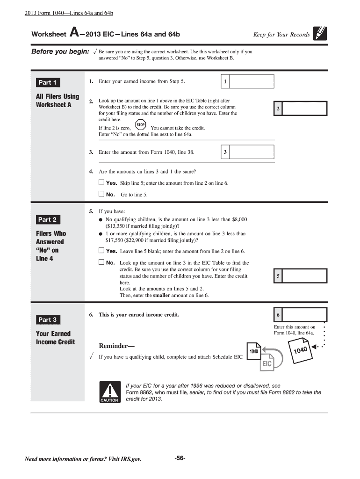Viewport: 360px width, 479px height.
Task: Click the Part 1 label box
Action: click(x=47, y=83)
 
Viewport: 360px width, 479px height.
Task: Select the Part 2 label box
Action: click(x=47, y=219)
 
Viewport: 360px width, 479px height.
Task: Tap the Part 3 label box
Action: click(x=47, y=320)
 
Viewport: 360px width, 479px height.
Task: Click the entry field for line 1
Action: click(x=253, y=82)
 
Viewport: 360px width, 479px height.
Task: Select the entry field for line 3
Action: click(x=253, y=152)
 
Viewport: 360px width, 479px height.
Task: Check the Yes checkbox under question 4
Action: click(x=101, y=182)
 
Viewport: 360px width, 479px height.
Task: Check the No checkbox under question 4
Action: click(x=101, y=194)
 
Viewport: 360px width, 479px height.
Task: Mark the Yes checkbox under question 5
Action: click(x=101, y=251)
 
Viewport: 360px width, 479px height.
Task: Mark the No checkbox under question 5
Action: click(x=101, y=262)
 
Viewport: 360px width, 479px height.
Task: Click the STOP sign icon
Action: click(x=141, y=125)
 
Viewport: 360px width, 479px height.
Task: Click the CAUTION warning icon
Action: click(x=109, y=391)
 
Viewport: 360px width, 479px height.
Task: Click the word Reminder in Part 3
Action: click(x=115, y=346)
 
